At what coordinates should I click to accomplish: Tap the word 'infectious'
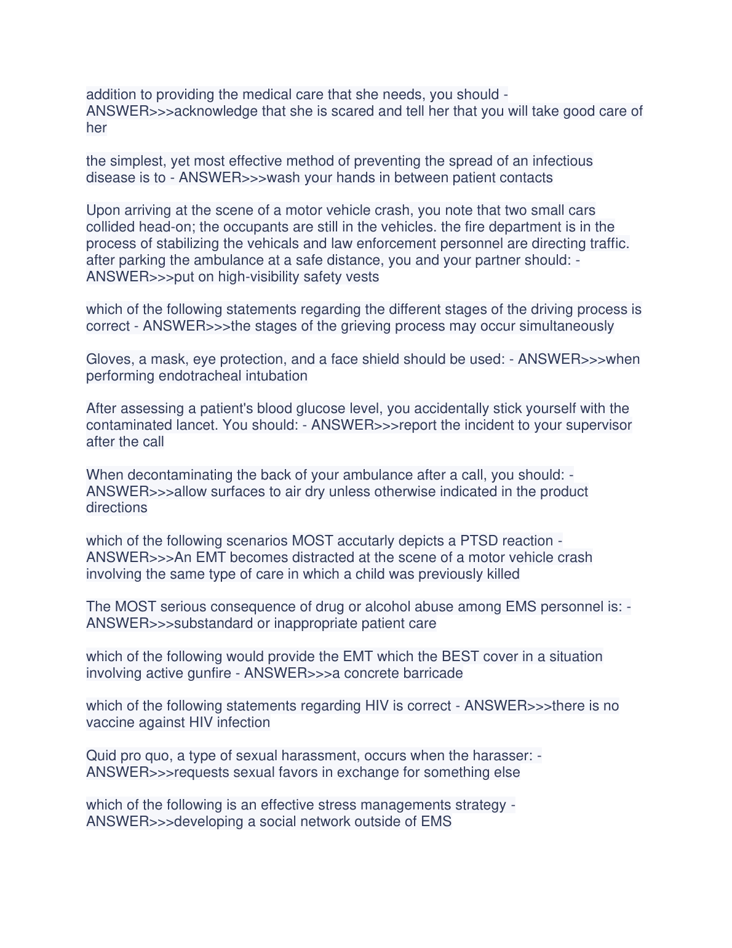pyautogui.click(x=562, y=161)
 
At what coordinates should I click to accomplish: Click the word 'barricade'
pyautogui.click(x=432, y=673)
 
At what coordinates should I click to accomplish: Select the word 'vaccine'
pyautogui.click(x=109, y=723)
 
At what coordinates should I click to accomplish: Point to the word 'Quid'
pyautogui.click(x=100, y=756)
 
